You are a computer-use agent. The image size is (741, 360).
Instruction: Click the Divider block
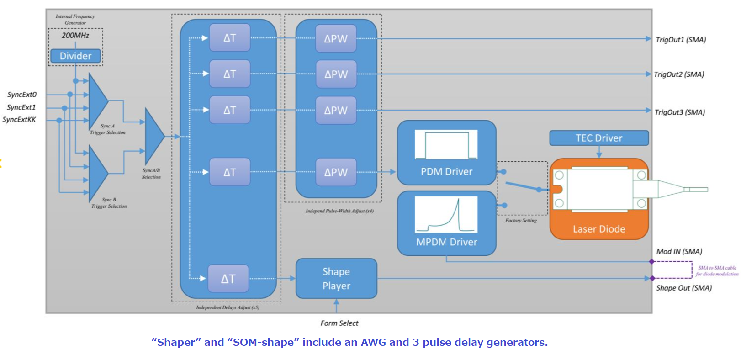tap(75, 56)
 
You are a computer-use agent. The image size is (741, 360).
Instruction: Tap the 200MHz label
tap(75, 35)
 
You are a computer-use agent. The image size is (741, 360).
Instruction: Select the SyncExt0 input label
tap(21, 95)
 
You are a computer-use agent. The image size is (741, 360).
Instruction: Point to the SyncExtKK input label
tap(19, 120)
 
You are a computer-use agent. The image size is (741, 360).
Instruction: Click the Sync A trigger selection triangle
tap(97, 101)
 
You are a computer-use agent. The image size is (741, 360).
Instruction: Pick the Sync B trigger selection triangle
tap(97, 174)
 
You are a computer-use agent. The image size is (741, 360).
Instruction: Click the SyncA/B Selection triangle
tap(153, 136)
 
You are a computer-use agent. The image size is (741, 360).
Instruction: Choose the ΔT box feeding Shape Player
tap(228, 279)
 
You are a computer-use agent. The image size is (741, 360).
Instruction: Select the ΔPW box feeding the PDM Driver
tap(336, 172)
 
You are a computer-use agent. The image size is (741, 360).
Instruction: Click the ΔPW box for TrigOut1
tap(336, 39)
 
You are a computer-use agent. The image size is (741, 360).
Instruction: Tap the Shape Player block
tap(336, 279)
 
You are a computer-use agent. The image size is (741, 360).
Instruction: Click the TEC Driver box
tap(598, 138)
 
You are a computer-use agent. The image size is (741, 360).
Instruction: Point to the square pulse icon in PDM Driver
tap(446, 145)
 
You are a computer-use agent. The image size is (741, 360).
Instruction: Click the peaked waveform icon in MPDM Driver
tap(446, 215)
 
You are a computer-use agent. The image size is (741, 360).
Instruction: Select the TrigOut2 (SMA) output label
tap(679, 74)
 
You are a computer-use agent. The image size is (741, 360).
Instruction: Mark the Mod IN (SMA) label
tap(679, 252)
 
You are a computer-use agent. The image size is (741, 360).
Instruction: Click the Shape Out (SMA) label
tap(684, 288)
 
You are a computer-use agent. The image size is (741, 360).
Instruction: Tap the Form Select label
tap(339, 323)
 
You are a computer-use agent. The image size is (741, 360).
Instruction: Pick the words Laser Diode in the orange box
tap(599, 229)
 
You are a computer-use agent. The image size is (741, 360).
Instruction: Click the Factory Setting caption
tap(521, 221)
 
